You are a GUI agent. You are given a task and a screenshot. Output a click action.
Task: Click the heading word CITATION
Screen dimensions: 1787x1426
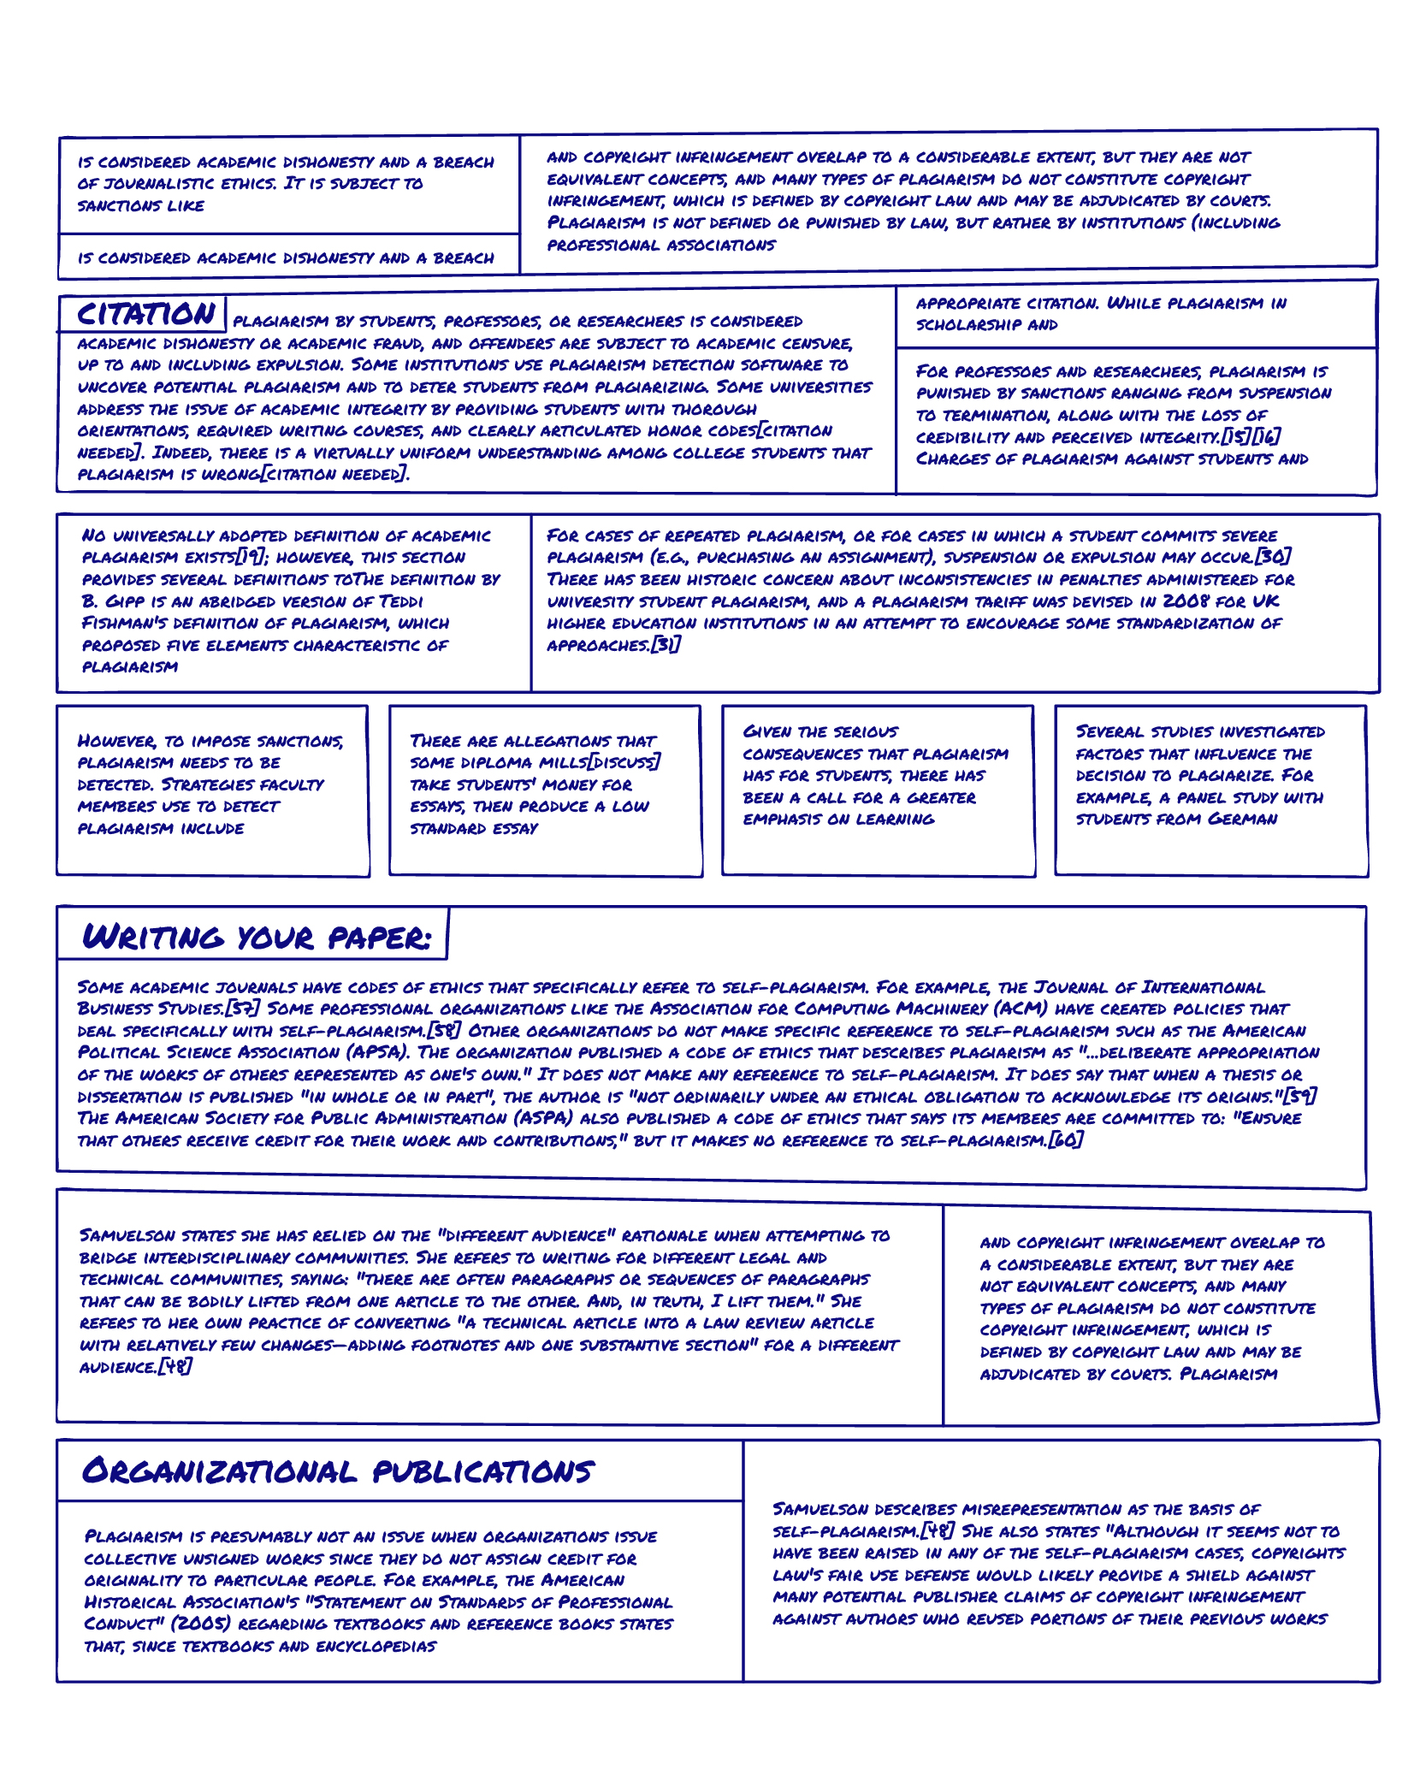(145, 314)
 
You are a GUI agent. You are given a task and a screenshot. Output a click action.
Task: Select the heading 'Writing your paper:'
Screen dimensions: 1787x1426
(256, 938)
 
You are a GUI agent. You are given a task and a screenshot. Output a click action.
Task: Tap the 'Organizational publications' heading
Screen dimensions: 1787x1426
(338, 1471)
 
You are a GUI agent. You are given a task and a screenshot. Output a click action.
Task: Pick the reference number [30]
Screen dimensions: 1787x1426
(1273, 558)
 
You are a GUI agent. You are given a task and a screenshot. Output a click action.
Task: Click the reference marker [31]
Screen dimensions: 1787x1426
(666, 645)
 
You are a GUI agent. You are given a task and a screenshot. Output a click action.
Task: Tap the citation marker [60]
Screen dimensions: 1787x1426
(1066, 1140)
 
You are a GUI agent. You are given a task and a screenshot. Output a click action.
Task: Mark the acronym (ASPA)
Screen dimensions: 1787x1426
(544, 1119)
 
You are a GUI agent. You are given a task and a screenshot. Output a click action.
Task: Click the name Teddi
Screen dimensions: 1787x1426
(400, 601)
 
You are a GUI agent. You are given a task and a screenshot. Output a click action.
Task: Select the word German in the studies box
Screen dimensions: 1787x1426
(1242, 820)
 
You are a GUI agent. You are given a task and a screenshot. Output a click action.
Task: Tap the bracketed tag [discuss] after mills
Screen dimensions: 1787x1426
(624, 763)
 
